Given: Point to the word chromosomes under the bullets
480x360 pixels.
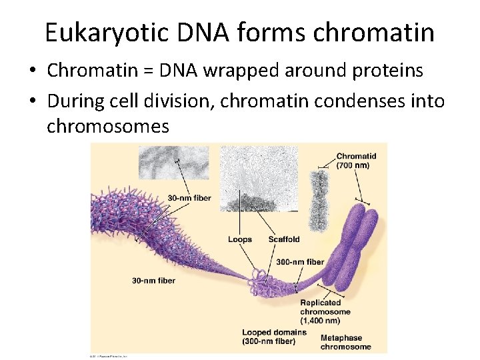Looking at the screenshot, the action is (x=108, y=126).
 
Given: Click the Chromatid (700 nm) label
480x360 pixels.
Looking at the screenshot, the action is (x=356, y=161).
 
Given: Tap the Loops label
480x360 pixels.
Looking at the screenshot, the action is (x=239, y=239).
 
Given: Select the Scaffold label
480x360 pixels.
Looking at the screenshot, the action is (x=284, y=239).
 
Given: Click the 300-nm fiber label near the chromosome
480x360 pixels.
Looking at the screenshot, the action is (x=300, y=262).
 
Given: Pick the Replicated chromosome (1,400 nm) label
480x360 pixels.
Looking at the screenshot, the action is (x=325, y=311).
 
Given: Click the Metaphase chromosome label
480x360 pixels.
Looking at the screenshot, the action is (x=345, y=342).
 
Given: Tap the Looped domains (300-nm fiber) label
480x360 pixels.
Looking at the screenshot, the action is (x=274, y=337).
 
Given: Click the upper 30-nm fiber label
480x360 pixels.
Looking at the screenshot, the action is (x=189, y=198).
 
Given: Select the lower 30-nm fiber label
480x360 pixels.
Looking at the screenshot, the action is (x=153, y=281).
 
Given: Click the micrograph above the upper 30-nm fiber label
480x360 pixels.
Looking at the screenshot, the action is (x=173, y=163).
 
